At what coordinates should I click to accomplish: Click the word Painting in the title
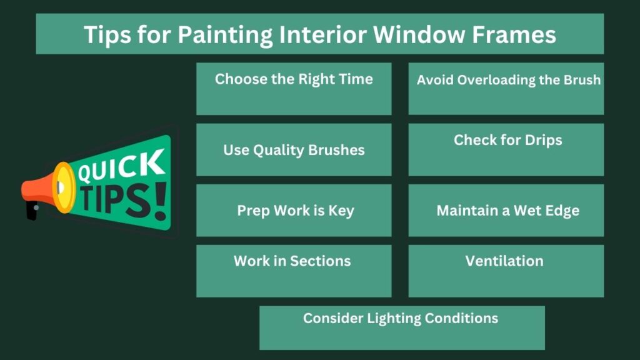click(222, 35)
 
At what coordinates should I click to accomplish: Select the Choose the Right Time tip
click(294, 79)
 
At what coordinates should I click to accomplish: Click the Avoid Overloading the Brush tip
click(508, 80)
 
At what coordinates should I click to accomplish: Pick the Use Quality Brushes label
click(294, 150)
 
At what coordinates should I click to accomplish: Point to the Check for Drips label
click(507, 140)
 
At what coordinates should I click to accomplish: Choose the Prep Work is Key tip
click(295, 211)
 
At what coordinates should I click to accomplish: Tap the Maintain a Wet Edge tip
click(507, 211)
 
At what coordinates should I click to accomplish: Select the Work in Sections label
click(292, 261)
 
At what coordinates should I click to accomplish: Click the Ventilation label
click(504, 261)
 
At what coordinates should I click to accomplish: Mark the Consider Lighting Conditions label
click(401, 318)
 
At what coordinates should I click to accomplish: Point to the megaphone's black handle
click(31, 210)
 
